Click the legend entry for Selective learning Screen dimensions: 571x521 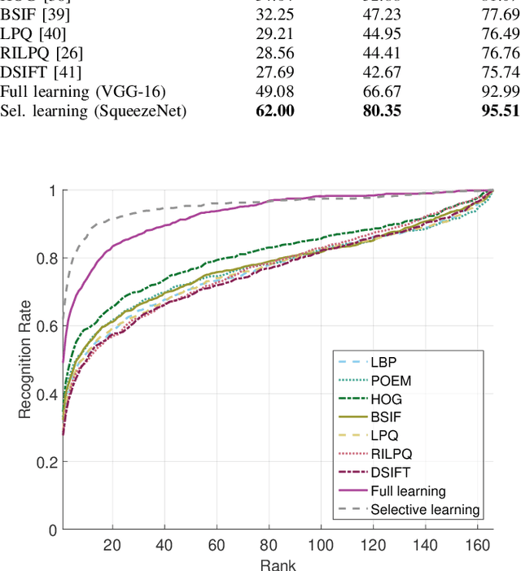(425, 510)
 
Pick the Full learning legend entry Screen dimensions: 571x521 (408, 491)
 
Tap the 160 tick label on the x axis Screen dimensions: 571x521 (478, 544)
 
